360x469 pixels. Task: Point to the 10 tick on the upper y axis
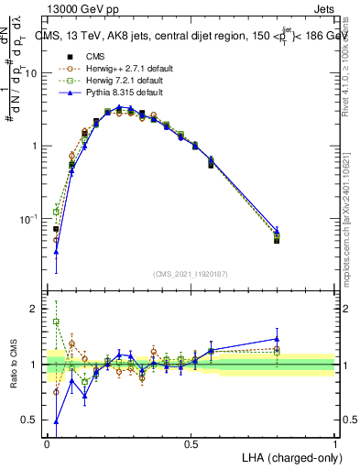click(34, 73)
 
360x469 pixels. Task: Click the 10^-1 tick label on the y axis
click(29, 220)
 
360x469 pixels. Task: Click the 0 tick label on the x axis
click(47, 443)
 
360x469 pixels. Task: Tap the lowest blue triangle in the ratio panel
click(57, 421)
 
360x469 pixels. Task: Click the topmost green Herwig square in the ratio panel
click(57, 322)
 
